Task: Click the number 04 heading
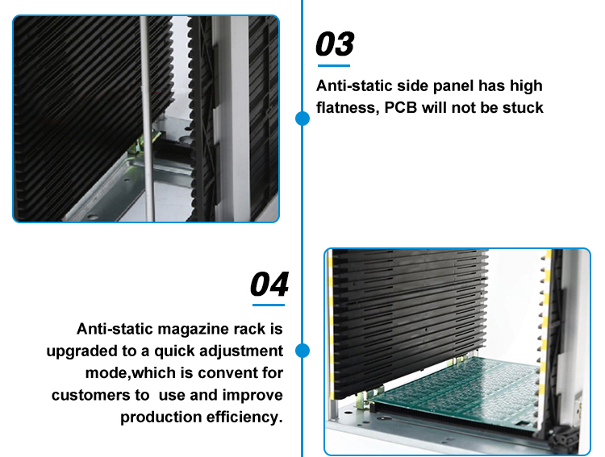[269, 285]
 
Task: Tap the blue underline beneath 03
[333, 65]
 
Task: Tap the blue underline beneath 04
[269, 305]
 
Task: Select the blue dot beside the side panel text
[302, 119]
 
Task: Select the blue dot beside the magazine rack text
[302, 351]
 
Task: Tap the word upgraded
[83, 351]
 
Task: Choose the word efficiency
[245, 417]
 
